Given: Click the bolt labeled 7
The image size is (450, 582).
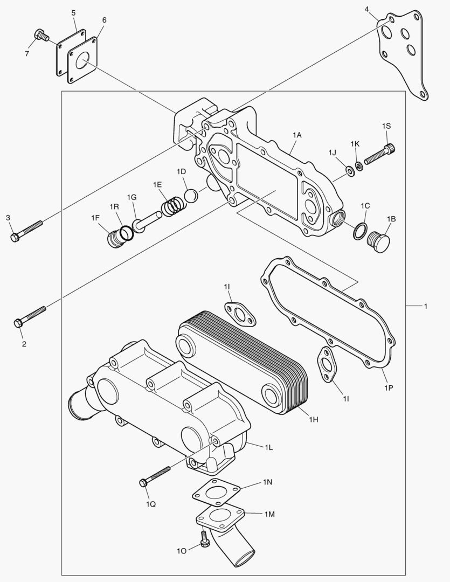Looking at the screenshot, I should pos(41,36).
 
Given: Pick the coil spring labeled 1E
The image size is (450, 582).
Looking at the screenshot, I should pos(172,205).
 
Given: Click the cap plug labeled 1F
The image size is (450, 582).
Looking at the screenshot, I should pos(115,238).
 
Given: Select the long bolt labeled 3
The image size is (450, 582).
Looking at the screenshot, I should pos(27,229).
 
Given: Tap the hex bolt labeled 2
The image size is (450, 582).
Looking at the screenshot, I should pos(30,317).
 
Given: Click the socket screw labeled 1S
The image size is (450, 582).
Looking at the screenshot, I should pos(380,154).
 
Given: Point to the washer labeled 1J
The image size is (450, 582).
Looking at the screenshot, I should pos(350,171).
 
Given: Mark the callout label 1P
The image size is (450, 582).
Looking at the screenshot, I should pos(388,387).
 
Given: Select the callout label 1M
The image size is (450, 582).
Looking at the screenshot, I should pos(269,514).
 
